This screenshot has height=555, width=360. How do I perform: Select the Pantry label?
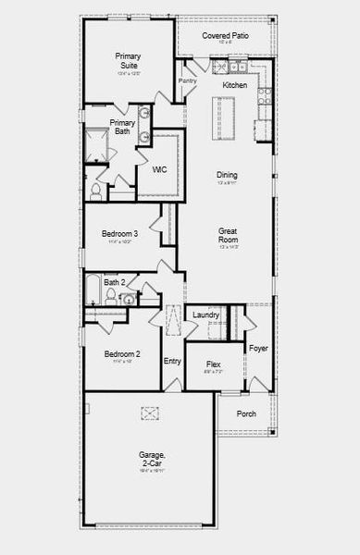pos(188,81)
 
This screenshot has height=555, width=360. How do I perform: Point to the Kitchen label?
pos(234,85)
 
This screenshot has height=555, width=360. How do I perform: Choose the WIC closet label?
pos(158,169)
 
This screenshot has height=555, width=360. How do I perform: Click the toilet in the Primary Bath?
pos(95,191)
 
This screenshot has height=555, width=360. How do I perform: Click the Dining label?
pos(228,175)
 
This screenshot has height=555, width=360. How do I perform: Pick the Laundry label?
pos(205,315)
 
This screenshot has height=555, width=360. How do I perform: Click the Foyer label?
pos(258,349)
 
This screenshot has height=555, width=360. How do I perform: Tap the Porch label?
pos(246,413)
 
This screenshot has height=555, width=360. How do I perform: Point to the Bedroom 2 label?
pos(121,354)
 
